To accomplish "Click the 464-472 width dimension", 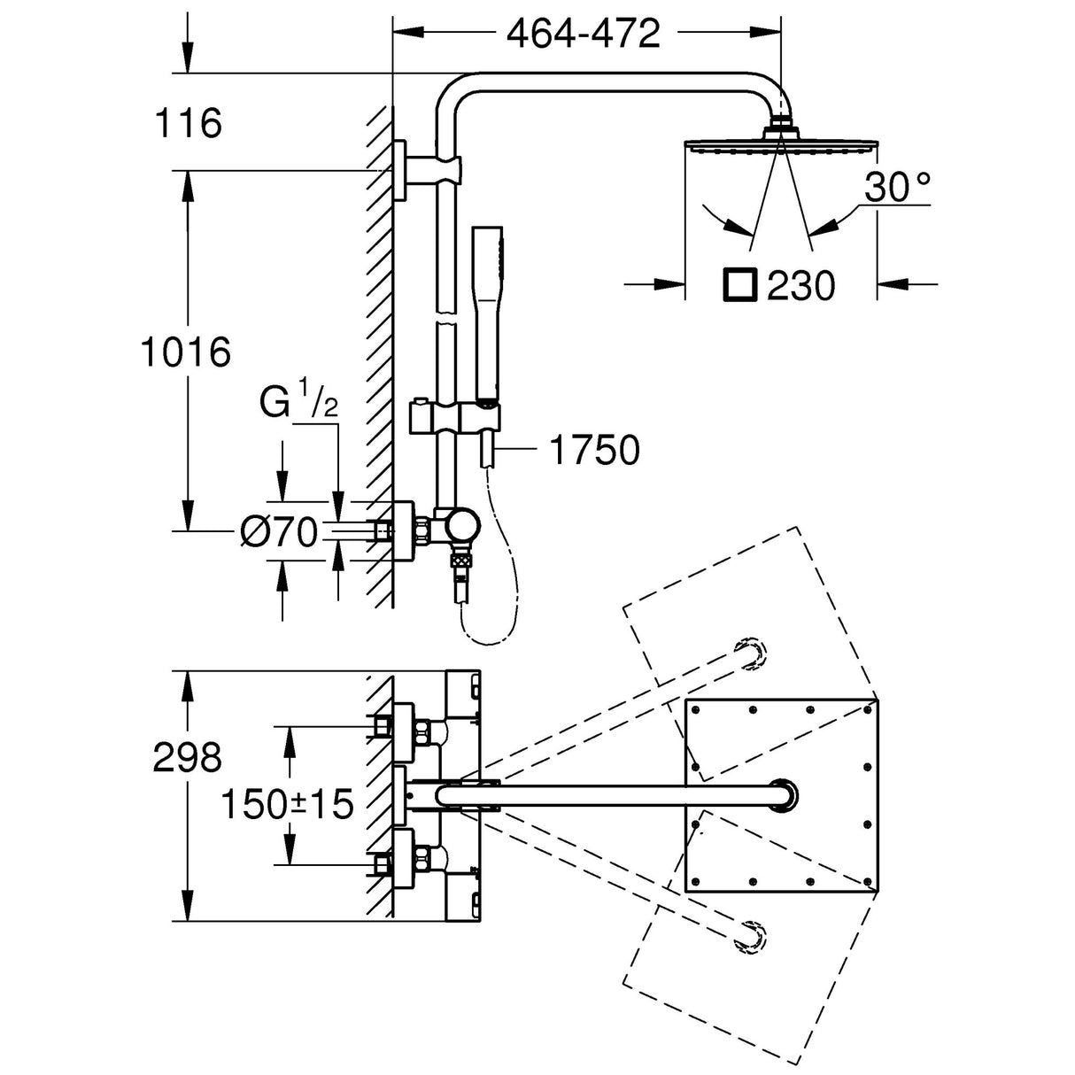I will [584, 35].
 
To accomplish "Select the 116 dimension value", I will [188, 124].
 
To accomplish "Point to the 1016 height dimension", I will [186, 352].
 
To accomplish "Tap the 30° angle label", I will [898, 188].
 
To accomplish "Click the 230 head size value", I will [800, 285].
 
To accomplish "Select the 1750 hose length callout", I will [594, 451].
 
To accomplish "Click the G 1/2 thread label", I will [298, 404].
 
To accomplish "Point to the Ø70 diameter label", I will [278, 533].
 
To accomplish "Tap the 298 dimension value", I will [187, 758].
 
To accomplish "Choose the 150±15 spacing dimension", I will [287, 805].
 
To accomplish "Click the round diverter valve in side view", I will [462, 527].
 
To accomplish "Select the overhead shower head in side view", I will [779, 142].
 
